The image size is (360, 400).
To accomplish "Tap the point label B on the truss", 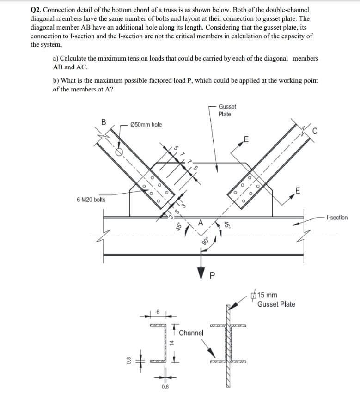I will [104, 122].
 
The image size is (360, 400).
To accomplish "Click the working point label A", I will [200, 221].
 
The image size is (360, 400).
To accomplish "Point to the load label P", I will [213, 278].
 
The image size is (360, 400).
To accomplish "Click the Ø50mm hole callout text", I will [146, 125].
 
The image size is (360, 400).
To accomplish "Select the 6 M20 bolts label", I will [91, 200].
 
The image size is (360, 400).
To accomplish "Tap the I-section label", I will [336, 218].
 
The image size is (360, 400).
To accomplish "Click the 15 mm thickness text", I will [267, 295].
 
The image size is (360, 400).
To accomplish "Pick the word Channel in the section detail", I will [191, 333].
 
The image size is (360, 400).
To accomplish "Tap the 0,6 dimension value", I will [165, 387].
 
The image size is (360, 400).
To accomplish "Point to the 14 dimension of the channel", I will [171, 343].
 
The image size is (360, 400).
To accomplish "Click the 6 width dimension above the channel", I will [157, 312].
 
